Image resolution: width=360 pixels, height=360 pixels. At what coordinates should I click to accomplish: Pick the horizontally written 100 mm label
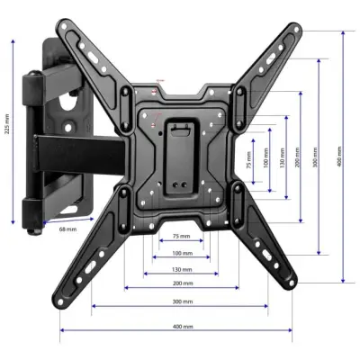click(x=181, y=253)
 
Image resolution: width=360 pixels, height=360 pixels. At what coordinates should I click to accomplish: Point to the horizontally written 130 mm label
click(x=181, y=269)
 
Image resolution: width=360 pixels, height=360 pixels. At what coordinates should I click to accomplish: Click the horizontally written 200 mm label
click(x=181, y=283)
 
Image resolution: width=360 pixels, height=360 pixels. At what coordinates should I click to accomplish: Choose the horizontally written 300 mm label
click(x=181, y=301)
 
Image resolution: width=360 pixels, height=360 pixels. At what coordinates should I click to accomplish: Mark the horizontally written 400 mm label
click(x=181, y=325)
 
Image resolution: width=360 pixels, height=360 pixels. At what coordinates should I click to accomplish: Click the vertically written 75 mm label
click(x=249, y=163)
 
